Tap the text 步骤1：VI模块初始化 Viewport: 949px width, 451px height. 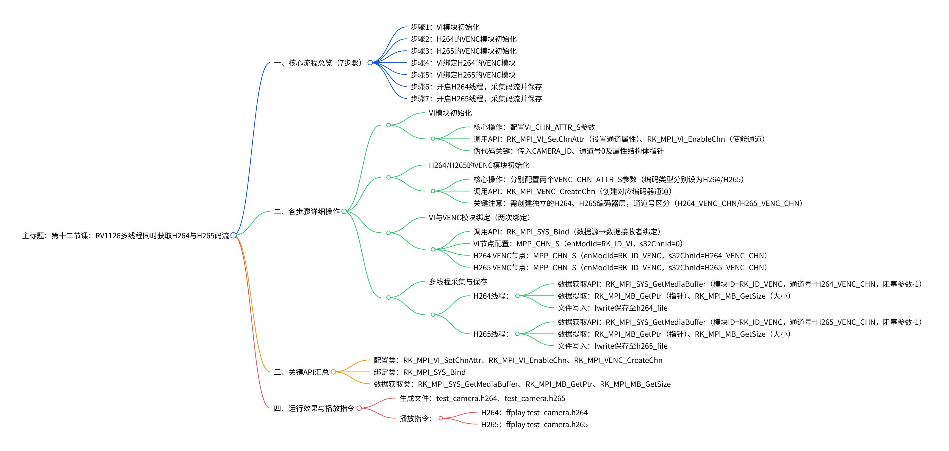(x=445, y=27)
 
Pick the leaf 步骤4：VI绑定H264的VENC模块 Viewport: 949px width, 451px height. (x=463, y=63)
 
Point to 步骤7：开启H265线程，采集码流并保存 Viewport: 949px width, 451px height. (x=476, y=99)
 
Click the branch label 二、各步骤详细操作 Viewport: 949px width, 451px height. (x=307, y=212)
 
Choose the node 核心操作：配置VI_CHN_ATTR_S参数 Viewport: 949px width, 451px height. (x=534, y=127)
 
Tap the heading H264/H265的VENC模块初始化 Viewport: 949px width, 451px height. (x=479, y=165)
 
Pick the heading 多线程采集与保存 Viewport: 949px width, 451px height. (x=458, y=282)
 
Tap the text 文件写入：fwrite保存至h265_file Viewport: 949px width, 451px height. (x=612, y=346)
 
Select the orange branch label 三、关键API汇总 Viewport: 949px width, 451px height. (x=301, y=372)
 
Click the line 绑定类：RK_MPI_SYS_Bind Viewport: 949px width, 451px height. (x=420, y=372)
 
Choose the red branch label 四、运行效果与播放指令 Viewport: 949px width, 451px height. (x=314, y=408)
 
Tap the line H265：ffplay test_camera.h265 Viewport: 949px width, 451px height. (x=534, y=424)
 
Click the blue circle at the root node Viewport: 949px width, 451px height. (x=233, y=235)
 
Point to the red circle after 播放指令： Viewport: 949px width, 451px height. (x=441, y=418)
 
